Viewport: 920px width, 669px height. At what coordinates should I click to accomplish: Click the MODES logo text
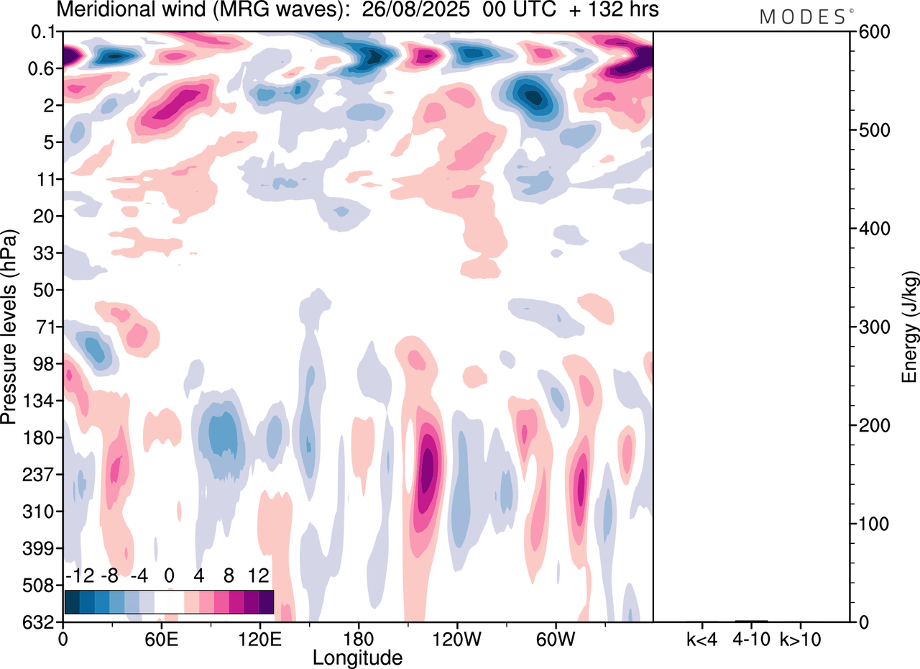click(802, 17)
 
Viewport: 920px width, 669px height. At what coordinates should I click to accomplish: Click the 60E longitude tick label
click(161, 639)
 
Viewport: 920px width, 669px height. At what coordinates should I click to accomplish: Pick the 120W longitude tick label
click(457, 639)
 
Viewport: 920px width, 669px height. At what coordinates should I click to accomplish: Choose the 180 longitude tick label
click(358, 639)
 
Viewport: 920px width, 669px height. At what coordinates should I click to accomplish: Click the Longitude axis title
click(357, 657)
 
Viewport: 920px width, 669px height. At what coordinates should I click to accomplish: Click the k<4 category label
click(701, 639)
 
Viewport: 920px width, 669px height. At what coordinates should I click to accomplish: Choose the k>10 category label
click(801, 639)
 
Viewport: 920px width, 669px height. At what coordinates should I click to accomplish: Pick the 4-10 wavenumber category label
click(751, 639)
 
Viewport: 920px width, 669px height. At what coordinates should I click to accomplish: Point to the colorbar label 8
click(229, 576)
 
